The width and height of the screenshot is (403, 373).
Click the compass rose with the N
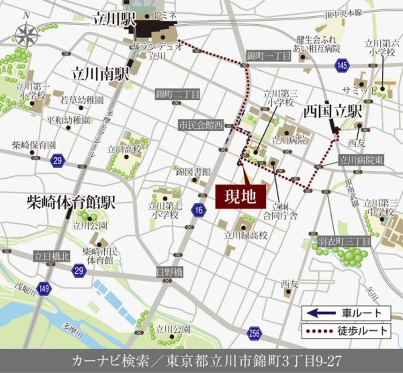(27, 34)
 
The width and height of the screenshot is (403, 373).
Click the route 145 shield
(343, 66)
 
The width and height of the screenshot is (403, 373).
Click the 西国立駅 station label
(333, 111)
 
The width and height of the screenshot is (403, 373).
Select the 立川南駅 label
(99, 74)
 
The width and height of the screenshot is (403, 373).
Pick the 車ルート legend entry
(346, 313)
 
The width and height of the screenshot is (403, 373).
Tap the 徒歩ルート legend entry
(346, 331)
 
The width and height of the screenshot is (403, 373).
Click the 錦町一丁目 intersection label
(269, 56)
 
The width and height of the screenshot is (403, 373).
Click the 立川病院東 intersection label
(361, 160)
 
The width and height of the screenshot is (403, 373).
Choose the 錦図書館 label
(193, 171)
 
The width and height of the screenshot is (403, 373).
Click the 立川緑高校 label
(246, 235)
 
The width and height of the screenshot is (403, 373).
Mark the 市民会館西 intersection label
(200, 125)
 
